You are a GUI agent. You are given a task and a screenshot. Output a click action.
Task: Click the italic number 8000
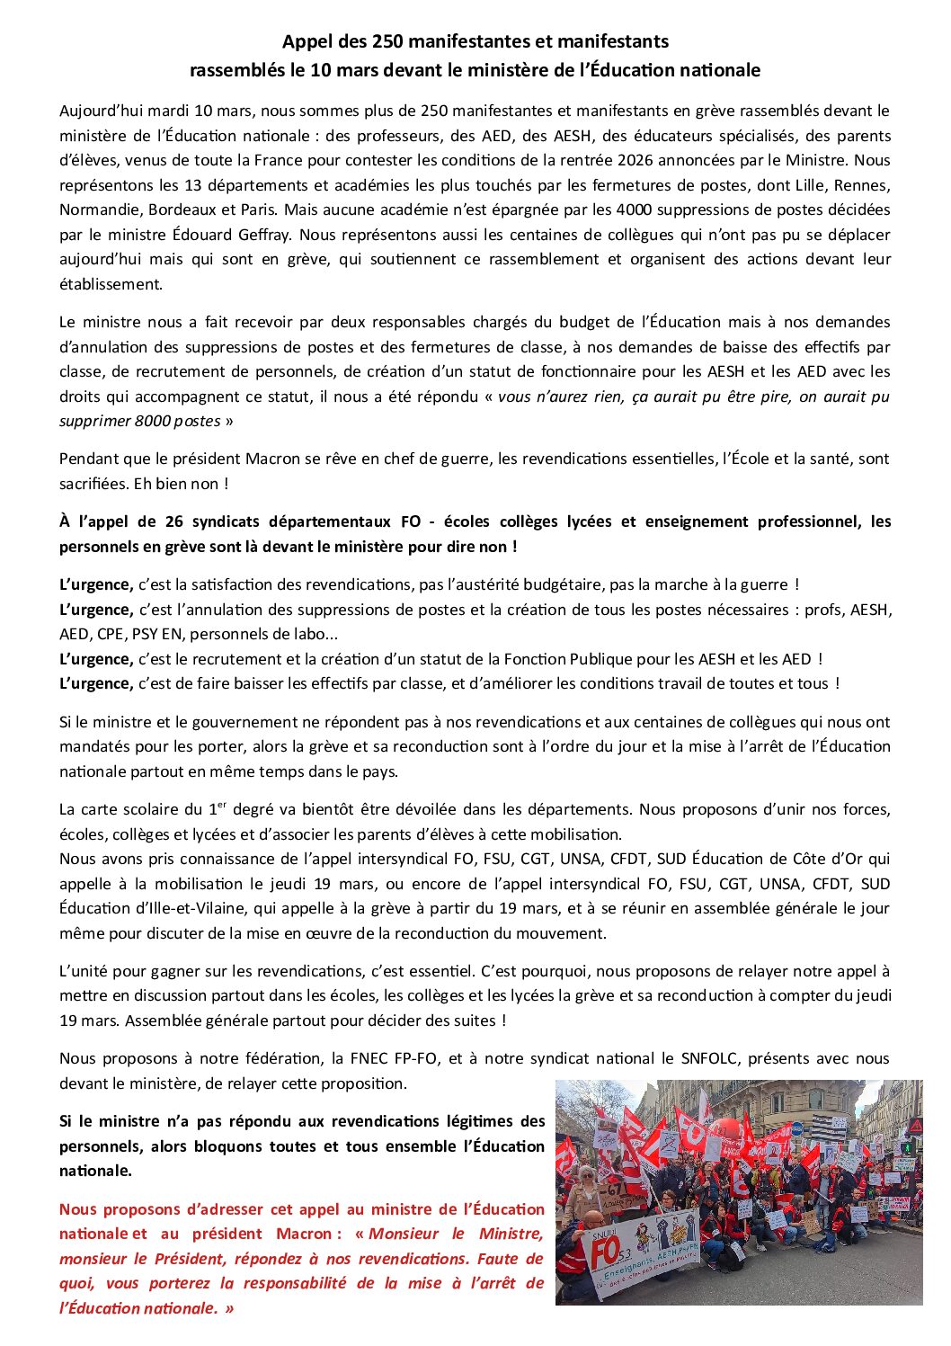pyautogui.click(x=153, y=421)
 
